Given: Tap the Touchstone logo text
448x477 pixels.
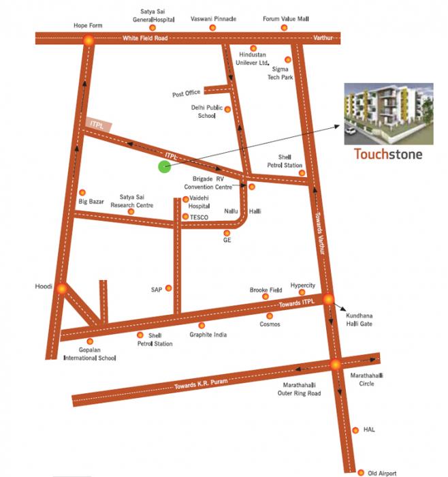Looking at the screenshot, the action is [x=388, y=153].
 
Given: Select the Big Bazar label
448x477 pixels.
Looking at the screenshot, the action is [x=92, y=202].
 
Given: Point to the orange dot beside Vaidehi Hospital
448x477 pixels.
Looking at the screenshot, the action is [x=185, y=200].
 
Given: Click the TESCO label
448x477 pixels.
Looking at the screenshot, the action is [x=199, y=217].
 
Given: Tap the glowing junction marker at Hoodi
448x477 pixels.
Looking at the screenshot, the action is [x=61, y=289].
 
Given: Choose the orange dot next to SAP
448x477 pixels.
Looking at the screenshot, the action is [x=169, y=289].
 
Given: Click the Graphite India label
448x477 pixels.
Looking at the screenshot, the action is [x=208, y=335].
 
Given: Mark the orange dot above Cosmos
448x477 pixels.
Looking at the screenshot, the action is [x=270, y=316].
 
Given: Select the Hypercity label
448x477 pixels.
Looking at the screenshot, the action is [x=302, y=285].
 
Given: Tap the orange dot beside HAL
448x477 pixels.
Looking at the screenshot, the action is [x=355, y=430].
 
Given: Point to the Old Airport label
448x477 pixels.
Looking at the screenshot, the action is [x=381, y=472].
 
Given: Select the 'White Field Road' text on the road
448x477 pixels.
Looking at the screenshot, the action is [x=145, y=38].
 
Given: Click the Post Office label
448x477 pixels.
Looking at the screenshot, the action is [x=186, y=93].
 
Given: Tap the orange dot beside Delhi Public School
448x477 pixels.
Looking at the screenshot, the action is [x=227, y=109].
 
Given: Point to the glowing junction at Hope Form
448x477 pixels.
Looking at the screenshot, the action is [x=88, y=40].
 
